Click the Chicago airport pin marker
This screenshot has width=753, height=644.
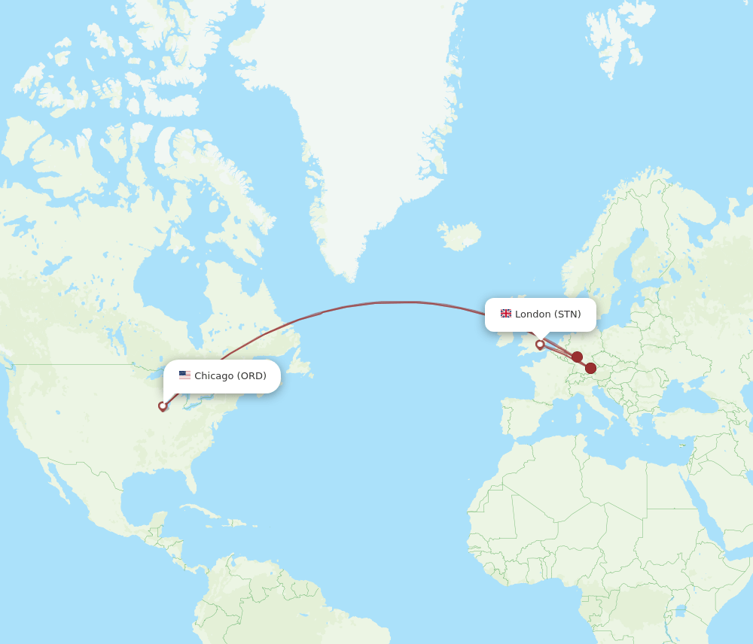[163, 406]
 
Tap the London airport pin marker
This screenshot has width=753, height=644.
[540, 345]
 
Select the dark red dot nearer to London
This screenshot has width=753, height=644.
[577, 357]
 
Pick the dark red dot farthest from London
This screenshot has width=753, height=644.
[591, 368]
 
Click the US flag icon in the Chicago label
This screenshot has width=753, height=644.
[184, 375]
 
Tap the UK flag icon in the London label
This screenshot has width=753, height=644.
[506, 314]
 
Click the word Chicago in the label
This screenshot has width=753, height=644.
[214, 376]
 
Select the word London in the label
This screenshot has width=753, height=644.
[533, 314]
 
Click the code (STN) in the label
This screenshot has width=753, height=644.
[568, 314]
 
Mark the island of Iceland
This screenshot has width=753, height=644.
[459, 235]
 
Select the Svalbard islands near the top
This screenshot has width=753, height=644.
[614, 38]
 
